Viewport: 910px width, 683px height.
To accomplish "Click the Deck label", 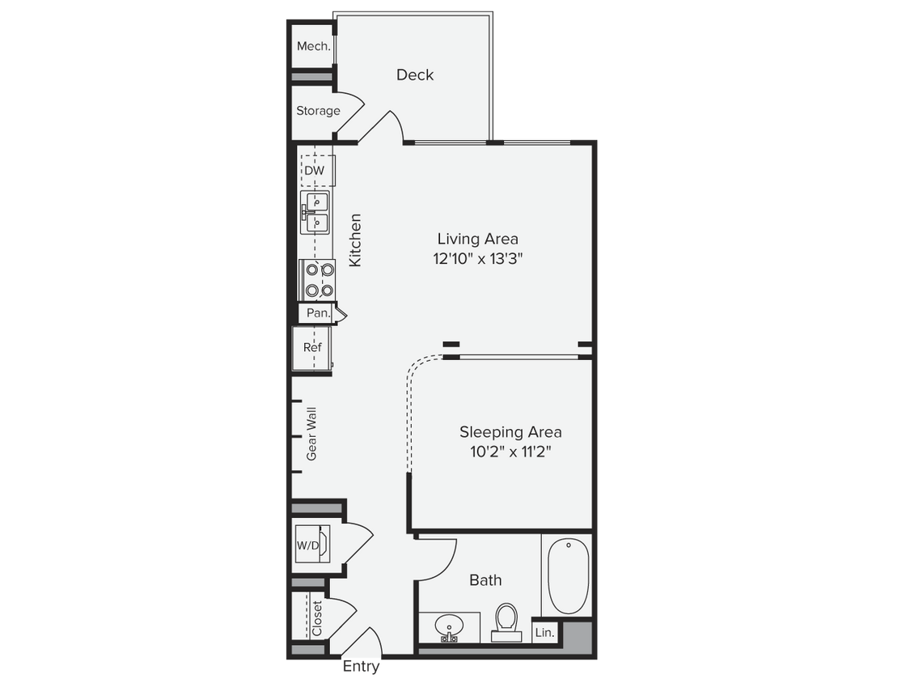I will [415, 74].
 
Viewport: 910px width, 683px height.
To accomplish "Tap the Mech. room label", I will [313, 47].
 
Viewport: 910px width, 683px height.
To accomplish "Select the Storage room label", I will [318, 111].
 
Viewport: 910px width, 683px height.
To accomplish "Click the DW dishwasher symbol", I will [314, 171].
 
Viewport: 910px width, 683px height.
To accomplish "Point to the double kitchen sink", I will [315, 211].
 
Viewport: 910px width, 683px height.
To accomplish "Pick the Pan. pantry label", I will [316, 312].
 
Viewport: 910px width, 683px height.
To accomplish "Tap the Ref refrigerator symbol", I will [312, 347].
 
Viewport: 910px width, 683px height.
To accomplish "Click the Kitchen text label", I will [354, 240].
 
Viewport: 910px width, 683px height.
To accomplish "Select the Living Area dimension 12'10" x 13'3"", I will [477, 260].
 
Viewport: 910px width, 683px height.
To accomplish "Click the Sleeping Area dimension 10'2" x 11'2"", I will [510, 452].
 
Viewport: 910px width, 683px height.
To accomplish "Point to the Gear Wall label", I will [311, 435].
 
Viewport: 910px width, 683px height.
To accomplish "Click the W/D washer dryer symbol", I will [308, 545].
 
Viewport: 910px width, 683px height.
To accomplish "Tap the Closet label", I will [317, 618].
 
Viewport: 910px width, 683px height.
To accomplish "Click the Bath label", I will [485, 580].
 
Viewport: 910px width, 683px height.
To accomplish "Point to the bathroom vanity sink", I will [448, 626].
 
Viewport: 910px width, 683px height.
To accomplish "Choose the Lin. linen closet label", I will [544, 633].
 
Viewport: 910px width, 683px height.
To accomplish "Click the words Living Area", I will [477, 239].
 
